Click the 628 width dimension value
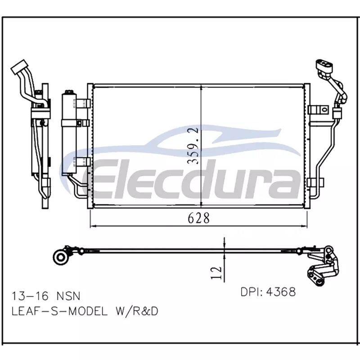coord(198,218)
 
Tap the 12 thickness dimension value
coord(216,273)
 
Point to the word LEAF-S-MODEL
coord(59,311)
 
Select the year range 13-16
coord(30,296)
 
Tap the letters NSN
coord(68,296)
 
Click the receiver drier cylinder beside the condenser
coord(69,133)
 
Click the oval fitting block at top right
coord(324,65)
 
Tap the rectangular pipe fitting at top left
coord(19,67)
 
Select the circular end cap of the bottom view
coord(60,257)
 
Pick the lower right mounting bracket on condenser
coord(315,183)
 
